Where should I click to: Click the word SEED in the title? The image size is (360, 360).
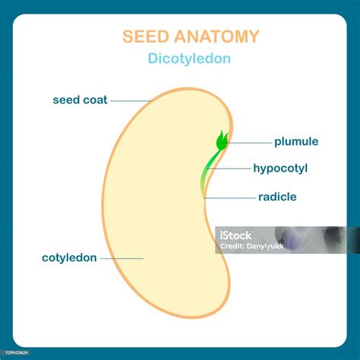(146, 36)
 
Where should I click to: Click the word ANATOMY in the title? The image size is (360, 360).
(216, 36)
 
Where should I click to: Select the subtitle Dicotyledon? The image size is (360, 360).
(189, 58)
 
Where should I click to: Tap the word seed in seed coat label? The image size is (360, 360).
(66, 99)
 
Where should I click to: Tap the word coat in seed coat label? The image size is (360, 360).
(95, 99)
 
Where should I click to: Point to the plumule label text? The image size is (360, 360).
(296, 142)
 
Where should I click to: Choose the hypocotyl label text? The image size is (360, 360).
(280, 169)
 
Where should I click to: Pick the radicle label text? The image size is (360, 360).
(277, 197)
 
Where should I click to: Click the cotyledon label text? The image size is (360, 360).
(69, 258)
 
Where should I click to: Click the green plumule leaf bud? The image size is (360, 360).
(223, 141)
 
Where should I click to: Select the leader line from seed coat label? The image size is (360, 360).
(131, 101)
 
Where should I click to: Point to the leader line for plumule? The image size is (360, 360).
(245, 143)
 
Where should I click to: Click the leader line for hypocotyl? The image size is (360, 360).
(229, 169)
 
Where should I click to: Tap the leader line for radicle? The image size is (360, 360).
(230, 198)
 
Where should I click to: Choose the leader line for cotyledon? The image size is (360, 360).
(122, 259)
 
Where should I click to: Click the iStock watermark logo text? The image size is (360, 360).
(235, 235)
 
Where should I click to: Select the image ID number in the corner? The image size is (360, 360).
(17, 352)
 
